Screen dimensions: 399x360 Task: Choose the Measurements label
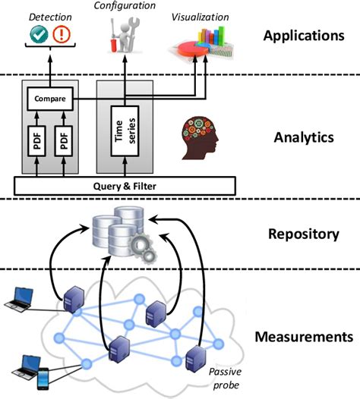click(x=304, y=335)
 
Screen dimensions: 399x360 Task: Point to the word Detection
click(x=49, y=14)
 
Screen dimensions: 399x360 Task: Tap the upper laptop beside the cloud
click(x=17, y=299)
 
